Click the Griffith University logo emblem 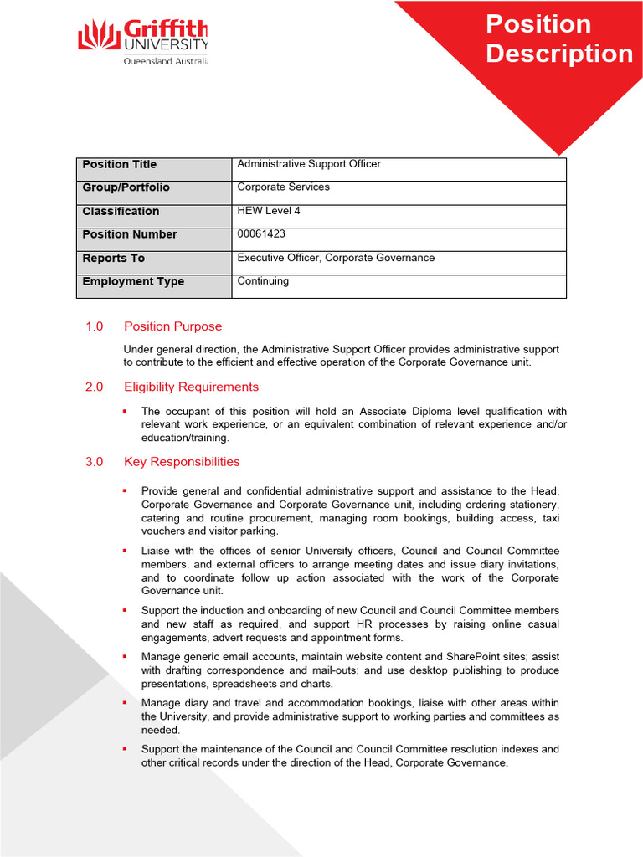pyautogui.click(x=98, y=35)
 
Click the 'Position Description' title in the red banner pyautogui.click(x=559, y=38)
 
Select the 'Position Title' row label pyautogui.click(x=119, y=165)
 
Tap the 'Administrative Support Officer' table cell pyautogui.click(x=309, y=164)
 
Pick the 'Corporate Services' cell pyautogui.click(x=283, y=187)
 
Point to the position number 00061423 pyautogui.click(x=261, y=234)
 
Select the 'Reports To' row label pyautogui.click(x=113, y=259)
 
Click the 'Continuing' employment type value pyautogui.click(x=263, y=281)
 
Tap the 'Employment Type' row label pyautogui.click(x=133, y=282)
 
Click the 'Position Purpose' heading pyautogui.click(x=172, y=326)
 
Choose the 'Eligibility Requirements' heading pyautogui.click(x=191, y=387)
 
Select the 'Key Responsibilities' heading pyautogui.click(x=182, y=462)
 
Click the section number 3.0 pyautogui.click(x=94, y=462)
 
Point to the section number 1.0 pyautogui.click(x=94, y=326)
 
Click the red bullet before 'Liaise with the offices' pyautogui.click(x=124, y=551)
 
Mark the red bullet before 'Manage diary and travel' pyautogui.click(x=124, y=703)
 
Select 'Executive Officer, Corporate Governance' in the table pyautogui.click(x=336, y=258)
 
